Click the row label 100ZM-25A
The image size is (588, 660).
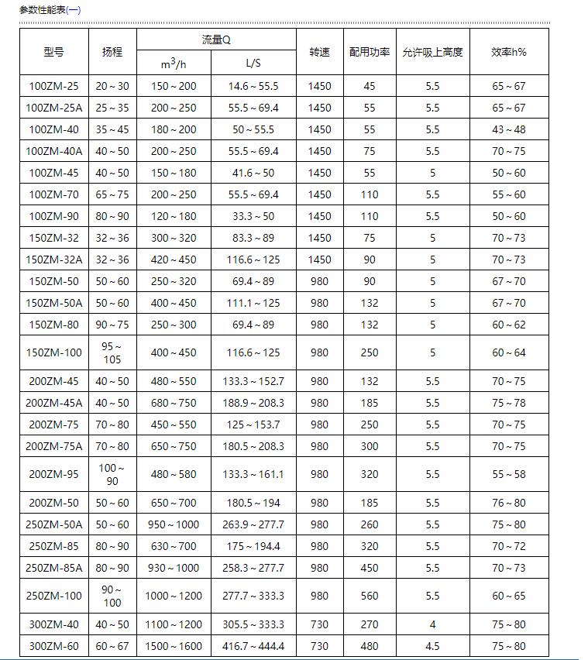tap(53, 108)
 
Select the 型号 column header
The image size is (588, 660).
tap(53, 52)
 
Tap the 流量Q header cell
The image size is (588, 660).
tap(216, 40)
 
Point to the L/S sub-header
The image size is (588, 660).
tap(253, 63)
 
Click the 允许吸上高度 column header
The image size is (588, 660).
tap(432, 52)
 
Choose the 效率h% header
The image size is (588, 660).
tap(509, 52)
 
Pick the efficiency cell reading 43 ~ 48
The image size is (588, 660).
tap(509, 129)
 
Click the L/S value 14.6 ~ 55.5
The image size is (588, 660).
tap(253, 86)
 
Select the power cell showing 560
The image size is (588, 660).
tap(370, 596)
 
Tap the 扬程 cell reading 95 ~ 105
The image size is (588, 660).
tap(112, 352)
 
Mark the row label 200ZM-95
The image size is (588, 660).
tap(53, 474)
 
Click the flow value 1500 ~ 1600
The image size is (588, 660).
tap(174, 646)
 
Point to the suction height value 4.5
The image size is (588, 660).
tap(432, 646)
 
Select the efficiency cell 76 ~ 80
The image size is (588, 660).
tap(509, 503)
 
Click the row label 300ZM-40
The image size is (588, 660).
tap(53, 624)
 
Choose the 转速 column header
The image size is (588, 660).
tap(319, 52)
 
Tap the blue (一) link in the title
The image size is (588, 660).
tap(73, 10)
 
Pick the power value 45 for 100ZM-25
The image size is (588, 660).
tap(370, 86)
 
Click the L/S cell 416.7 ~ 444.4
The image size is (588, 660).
tap(253, 646)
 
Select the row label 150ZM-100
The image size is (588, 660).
tap(53, 352)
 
